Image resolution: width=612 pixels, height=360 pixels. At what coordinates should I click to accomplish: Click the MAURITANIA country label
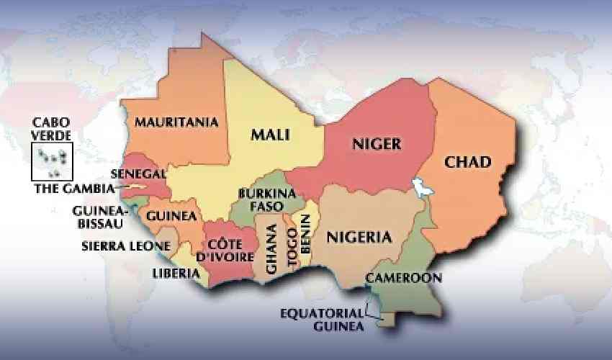click(x=176, y=122)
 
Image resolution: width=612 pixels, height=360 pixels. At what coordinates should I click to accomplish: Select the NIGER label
click(x=376, y=144)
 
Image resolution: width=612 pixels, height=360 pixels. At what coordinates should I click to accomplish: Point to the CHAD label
click(x=467, y=162)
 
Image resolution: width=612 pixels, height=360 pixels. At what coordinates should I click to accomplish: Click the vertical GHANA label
click(x=271, y=249)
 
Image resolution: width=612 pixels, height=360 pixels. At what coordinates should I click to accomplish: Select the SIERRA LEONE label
click(x=126, y=246)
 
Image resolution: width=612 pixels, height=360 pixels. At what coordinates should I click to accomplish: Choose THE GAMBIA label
click(x=75, y=189)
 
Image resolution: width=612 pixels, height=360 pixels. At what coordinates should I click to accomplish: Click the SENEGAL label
click(x=139, y=174)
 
